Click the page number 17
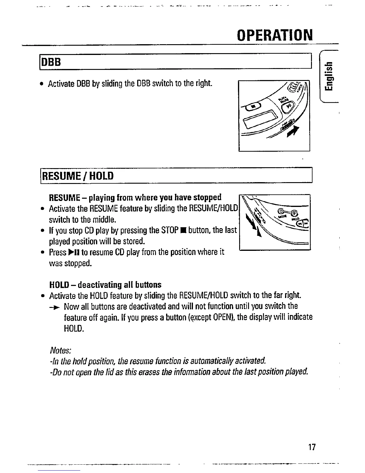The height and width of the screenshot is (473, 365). click(x=312, y=447)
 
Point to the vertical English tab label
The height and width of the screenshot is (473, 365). click(x=328, y=77)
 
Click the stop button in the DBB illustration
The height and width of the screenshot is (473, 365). click(x=252, y=106)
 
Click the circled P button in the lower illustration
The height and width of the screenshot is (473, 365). click(x=294, y=213)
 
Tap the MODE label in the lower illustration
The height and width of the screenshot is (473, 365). click(x=282, y=216)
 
